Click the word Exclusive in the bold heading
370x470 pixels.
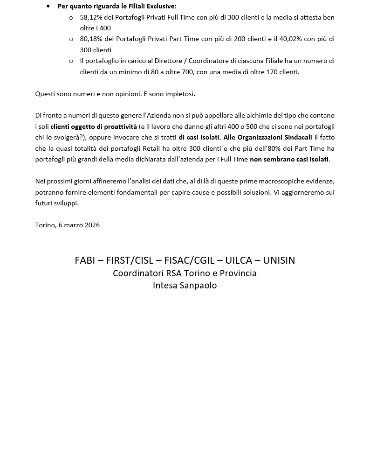[161, 6]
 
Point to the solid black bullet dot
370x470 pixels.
[48, 6]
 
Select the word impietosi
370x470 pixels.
[180, 94]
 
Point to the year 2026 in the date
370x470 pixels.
[92, 225]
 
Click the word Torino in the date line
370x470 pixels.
[45, 225]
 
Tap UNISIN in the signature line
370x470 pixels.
[279, 260]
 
